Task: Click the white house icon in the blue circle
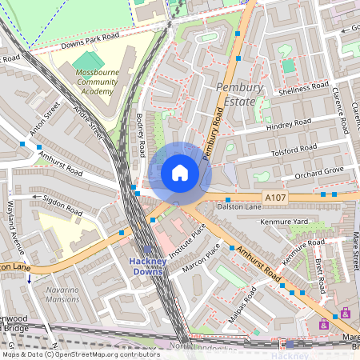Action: pyautogui.click(x=180, y=173)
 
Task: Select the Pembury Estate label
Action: pyautogui.click(x=236, y=94)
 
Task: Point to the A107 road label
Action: pyautogui.click(x=274, y=197)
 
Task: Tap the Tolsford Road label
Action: pyautogui.click(x=294, y=149)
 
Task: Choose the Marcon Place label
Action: pyautogui.click(x=201, y=262)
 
